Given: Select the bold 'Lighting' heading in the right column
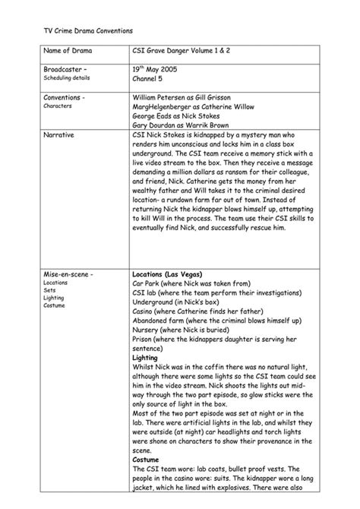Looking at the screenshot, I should point(144,358).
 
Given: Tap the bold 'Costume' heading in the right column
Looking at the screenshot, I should point(145,460).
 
